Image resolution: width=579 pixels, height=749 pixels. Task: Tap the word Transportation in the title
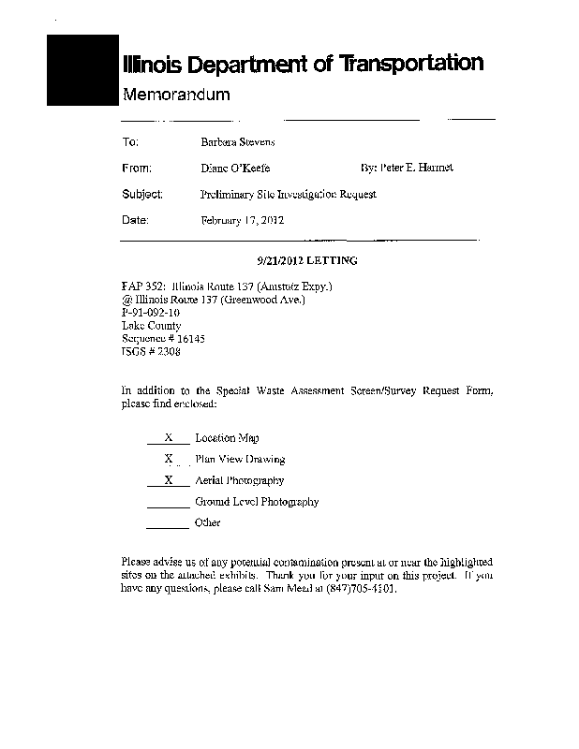pyautogui.click(x=411, y=64)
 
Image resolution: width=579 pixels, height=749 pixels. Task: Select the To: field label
pyautogui.click(x=130, y=142)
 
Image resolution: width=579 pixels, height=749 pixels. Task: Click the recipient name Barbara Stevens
pyautogui.click(x=238, y=142)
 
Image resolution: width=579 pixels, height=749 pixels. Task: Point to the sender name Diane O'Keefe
pyautogui.click(x=235, y=169)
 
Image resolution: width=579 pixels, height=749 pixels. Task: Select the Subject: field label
pyautogui.click(x=142, y=195)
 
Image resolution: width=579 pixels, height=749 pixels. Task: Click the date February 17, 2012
pyautogui.click(x=244, y=221)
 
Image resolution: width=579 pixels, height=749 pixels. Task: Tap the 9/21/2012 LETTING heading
pyautogui.click(x=306, y=260)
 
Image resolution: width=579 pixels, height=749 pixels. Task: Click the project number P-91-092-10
pyautogui.click(x=151, y=313)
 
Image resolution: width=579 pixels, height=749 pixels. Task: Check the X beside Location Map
pyautogui.click(x=170, y=437)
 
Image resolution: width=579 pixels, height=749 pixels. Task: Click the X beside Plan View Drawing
pyautogui.click(x=170, y=459)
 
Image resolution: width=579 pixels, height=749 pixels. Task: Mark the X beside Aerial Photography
pyautogui.click(x=170, y=480)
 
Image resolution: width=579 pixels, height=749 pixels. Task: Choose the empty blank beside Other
pyautogui.click(x=169, y=523)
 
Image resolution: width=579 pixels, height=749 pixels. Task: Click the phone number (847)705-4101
pyautogui.click(x=357, y=592)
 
